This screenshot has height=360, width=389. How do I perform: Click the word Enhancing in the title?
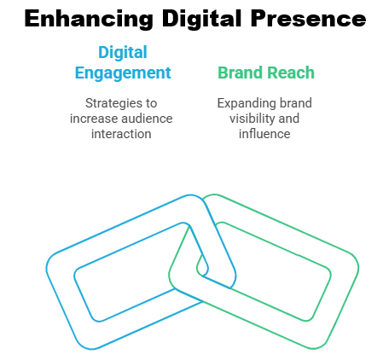[89, 19]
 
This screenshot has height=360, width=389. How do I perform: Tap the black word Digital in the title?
[202, 19]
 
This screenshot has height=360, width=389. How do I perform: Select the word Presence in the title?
[308, 19]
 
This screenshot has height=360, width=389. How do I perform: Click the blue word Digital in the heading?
[123, 52]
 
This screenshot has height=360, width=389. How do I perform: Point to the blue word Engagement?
[123, 73]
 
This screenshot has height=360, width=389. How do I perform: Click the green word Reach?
[291, 73]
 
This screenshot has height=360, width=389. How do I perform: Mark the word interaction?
[121, 134]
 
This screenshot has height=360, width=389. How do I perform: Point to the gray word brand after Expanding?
[296, 103]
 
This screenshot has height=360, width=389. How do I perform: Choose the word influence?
[264, 134]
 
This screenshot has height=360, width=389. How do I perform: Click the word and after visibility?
[289, 119]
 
